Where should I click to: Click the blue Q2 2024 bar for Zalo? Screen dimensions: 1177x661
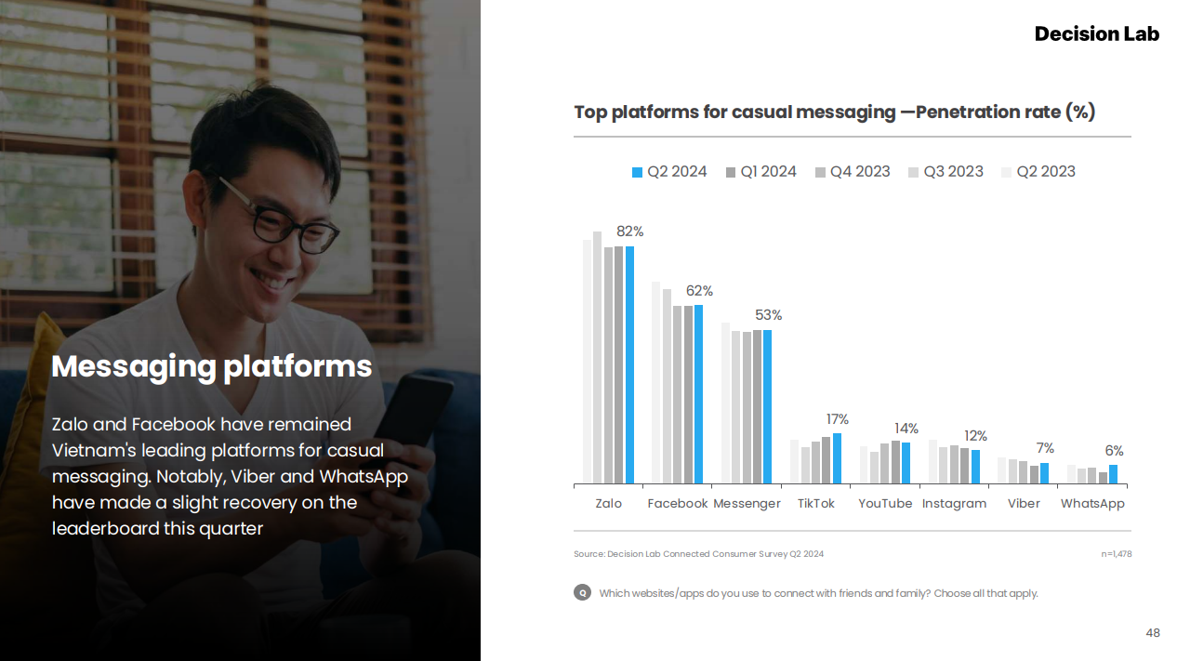click(629, 364)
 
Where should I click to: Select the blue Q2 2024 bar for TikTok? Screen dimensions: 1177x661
click(837, 458)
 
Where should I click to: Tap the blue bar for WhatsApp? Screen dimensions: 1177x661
click(1114, 474)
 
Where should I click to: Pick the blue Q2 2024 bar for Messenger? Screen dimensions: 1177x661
click(767, 406)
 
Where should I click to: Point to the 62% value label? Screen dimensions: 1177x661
click(699, 291)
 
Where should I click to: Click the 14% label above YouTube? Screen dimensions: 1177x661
click(906, 429)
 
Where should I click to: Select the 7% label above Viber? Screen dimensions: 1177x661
click(1045, 448)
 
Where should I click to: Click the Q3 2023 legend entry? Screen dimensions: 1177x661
click(946, 172)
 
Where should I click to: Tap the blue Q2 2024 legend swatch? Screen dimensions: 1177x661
click(637, 172)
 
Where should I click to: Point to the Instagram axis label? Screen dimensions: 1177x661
click(954, 503)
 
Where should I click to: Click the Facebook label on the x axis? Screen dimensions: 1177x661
click(678, 503)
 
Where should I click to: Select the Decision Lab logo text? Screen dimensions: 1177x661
click(1097, 33)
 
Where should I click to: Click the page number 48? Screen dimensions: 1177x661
click(1153, 632)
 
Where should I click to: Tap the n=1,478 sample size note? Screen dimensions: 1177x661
click(1117, 554)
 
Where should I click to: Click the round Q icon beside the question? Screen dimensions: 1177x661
click(582, 593)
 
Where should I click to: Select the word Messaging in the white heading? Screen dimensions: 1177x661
click(134, 367)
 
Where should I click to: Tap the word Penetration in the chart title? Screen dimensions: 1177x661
click(988, 112)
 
